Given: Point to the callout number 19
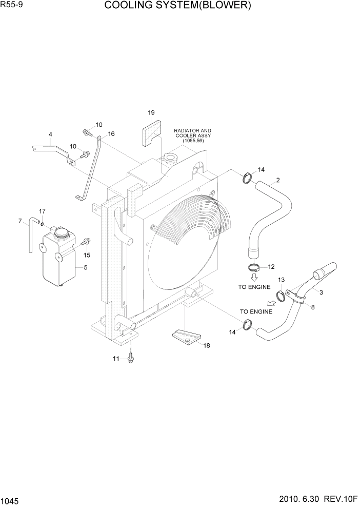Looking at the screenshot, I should pyautogui.click(x=151, y=112).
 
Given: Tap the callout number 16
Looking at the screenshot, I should pyautogui.click(x=111, y=134).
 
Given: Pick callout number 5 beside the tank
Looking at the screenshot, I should pyautogui.click(x=85, y=267).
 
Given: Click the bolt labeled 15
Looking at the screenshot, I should pyautogui.click(x=86, y=241).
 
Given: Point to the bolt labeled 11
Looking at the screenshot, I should pyautogui.click(x=131, y=357).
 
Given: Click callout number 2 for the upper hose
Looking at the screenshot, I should pyautogui.click(x=277, y=180).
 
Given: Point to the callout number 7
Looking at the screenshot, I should pyautogui.click(x=20, y=221).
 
